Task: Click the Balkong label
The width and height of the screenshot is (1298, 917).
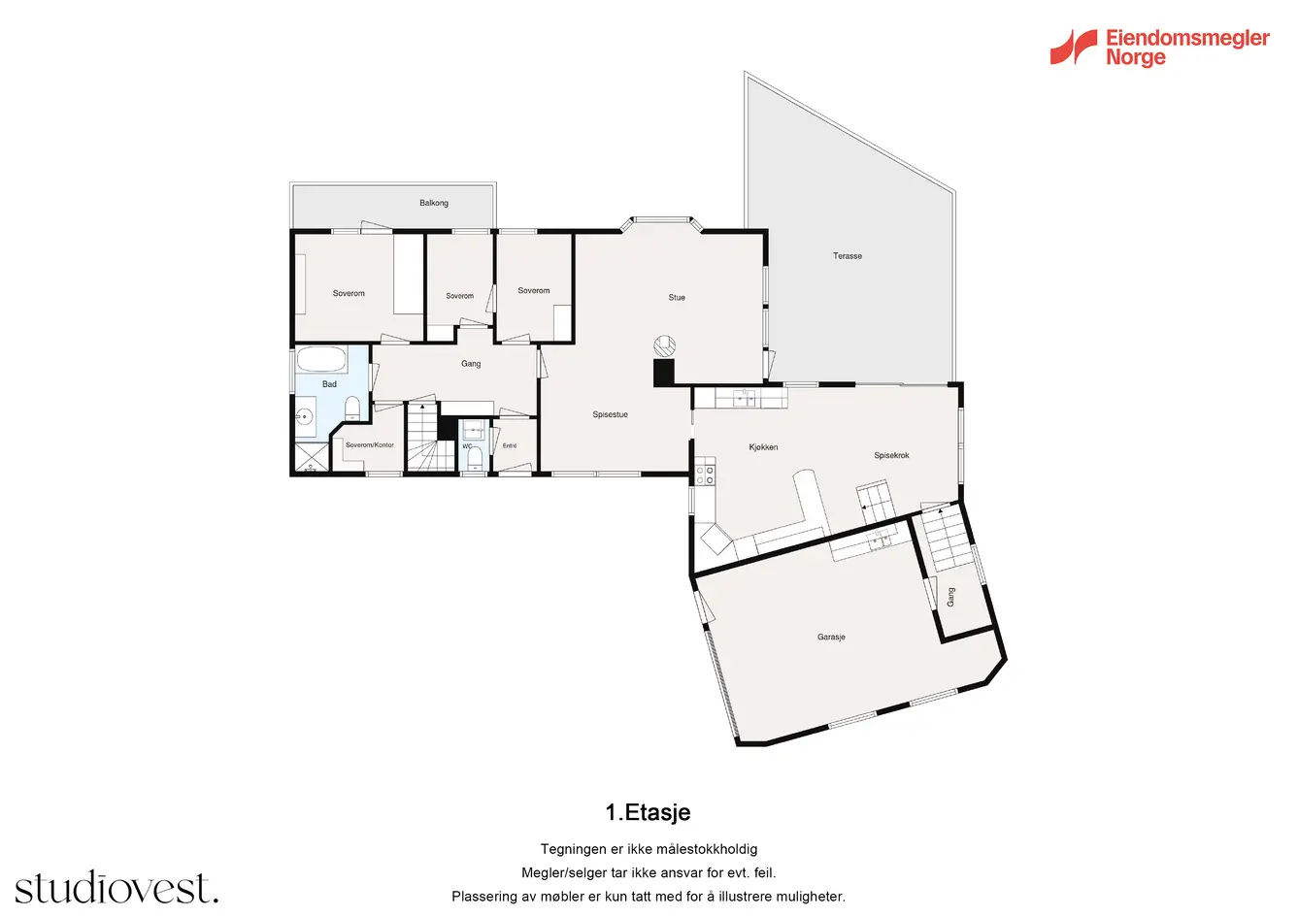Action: pos(434,204)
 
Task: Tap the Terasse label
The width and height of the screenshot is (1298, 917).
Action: pos(848,255)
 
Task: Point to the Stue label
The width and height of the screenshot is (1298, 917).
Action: pos(677,297)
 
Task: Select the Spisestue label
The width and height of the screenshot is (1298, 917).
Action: pos(610,414)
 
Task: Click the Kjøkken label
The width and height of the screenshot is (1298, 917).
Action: pos(763,446)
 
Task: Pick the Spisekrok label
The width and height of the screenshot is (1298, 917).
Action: pos(891,455)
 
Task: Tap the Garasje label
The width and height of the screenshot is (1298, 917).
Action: pos(831,637)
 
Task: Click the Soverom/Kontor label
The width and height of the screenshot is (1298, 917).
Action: pos(369,444)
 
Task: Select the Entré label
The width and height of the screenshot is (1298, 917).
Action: pos(510,445)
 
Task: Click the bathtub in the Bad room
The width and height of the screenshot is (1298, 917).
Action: pos(321,359)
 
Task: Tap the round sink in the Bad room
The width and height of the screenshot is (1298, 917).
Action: pos(304,416)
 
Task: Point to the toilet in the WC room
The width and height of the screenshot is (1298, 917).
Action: pos(475,458)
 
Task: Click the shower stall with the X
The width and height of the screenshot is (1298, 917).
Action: pos(312,457)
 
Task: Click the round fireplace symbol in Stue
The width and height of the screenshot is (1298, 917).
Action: pos(665,345)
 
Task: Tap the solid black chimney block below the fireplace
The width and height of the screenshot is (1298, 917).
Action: pos(664,373)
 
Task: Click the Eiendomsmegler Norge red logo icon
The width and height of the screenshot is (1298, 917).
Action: pos(1073,47)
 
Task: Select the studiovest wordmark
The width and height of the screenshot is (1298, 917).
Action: pos(116,887)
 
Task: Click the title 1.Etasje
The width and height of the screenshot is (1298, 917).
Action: pos(648,813)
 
